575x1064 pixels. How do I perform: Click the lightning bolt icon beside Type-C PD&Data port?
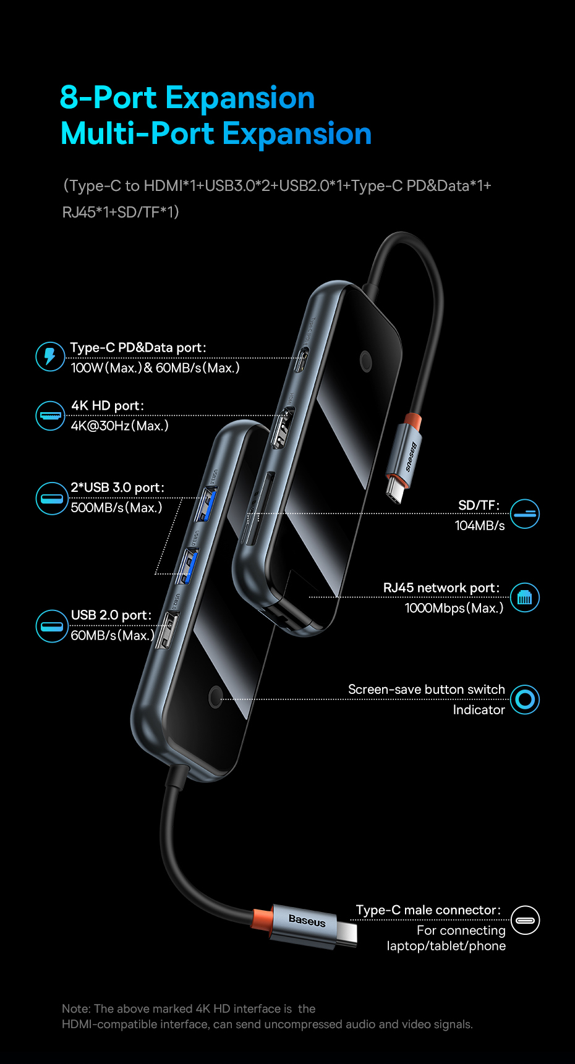(50, 357)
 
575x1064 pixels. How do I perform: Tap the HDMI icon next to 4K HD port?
(50, 415)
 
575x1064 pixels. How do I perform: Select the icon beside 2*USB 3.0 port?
(51, 499)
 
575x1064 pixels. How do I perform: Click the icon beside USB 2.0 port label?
(51, 626)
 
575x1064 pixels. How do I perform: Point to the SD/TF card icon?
(525, 513)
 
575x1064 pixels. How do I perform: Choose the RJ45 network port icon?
(525, 597)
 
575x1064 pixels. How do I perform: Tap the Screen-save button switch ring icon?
(525, 699)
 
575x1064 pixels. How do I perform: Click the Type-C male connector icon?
(525, 920)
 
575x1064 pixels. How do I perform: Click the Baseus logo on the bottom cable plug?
(307, 921)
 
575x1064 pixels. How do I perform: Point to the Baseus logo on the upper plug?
(411, 457)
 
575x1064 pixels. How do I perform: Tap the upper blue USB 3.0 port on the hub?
(206, 504)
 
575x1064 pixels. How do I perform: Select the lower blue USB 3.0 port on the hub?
(187, 567)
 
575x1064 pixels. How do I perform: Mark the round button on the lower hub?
(215, 696)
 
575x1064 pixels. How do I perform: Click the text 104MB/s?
(479, 526)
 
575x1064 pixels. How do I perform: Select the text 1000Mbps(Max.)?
(454, 609)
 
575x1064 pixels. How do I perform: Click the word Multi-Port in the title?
(137, 134)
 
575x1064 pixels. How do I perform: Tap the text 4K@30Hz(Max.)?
(119, 426)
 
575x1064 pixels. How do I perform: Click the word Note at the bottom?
(75, 1009)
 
